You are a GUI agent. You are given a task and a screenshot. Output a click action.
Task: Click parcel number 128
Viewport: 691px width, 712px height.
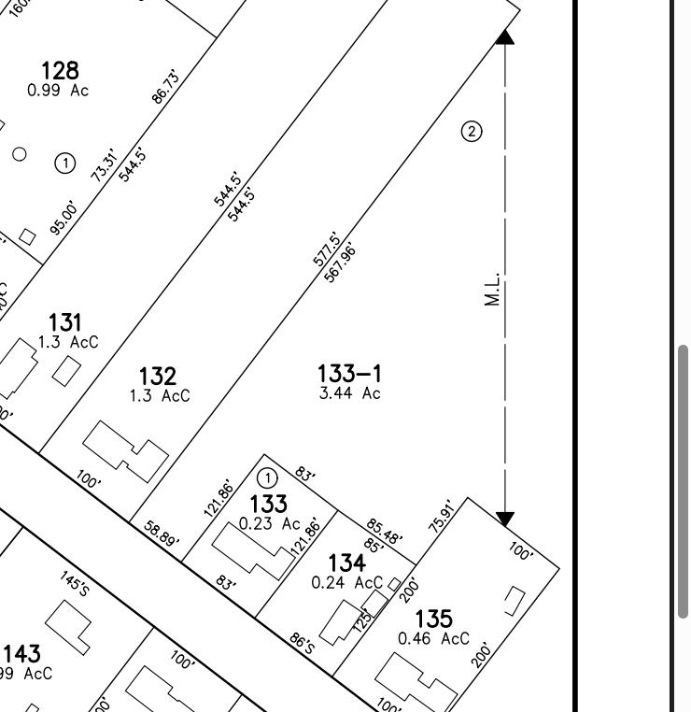click(x=60, y=70)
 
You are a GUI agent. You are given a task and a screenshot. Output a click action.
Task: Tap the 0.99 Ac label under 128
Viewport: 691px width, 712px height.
click(x=58, y=91)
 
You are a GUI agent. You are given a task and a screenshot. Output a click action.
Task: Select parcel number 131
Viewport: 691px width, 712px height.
click(x=64, y=324)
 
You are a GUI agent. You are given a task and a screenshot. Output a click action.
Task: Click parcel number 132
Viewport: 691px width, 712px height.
click(x=157, y=376)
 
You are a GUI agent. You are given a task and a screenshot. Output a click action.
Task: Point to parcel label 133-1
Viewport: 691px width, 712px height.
click(x=349, y=375)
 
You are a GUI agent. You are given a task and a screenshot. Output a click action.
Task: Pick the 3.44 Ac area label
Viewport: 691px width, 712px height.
click(x=349, y=393)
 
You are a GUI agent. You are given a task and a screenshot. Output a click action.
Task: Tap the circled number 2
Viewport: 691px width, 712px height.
click(x=472, y=131)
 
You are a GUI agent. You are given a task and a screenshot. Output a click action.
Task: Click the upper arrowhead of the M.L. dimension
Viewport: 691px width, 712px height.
click(x=504, y=36)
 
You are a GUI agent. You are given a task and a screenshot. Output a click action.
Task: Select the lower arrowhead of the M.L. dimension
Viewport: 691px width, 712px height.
click(x=504, y=519)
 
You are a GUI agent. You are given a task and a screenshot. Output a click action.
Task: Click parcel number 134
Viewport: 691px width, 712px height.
click(x=346, y=562)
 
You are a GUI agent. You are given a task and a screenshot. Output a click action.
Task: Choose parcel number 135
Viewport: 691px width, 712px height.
click(x=433, y=618)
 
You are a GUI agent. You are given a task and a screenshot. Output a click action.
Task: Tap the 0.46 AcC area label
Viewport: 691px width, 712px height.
click(x=433, y=639)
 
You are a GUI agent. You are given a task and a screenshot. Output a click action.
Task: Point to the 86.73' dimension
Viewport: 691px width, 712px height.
click(x=164, y=86)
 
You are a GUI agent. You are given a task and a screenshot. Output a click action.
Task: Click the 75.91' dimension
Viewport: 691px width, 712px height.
click(x=441, y=516)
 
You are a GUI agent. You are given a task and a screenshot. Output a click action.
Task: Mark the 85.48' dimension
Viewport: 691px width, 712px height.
click(x=384, y=531)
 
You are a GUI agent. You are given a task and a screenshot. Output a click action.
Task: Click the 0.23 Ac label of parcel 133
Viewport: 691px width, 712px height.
click(x=269, y=524)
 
